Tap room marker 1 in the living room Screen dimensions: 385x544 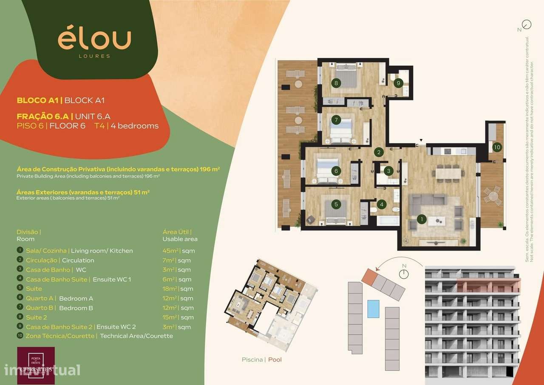pos(422,219)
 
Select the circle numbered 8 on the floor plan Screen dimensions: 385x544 pos(336,83)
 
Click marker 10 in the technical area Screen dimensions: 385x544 pos(497,147)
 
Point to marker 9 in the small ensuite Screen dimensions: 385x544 pos(398,83)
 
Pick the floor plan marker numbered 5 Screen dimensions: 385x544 pos(336,204)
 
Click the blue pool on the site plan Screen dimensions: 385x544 pos(373,308)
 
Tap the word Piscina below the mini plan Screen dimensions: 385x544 pos(252,359)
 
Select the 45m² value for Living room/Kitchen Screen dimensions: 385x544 pos(169,251)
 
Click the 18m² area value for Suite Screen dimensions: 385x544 pos(169,289)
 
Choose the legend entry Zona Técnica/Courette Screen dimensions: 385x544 pos(60,336)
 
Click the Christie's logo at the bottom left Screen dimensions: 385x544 pos(36,365)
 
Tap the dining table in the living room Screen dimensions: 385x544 pos(448,174)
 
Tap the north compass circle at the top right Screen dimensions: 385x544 pos(527,24)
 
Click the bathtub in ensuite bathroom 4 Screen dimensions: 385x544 pos(388,220)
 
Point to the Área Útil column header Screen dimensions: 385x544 pos(176,232)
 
